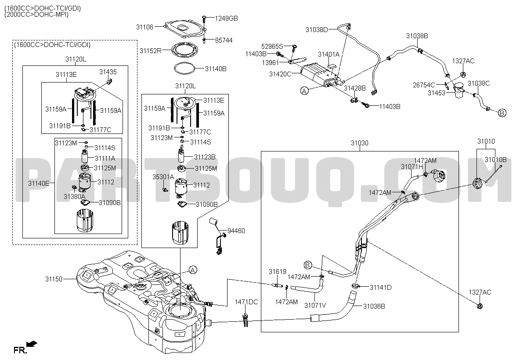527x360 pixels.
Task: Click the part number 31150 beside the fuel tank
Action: (54, 279)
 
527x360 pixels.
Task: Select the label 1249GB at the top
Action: (226, 18)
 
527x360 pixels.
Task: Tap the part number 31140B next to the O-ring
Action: (216, 68)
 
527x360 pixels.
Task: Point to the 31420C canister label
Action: (280, 74)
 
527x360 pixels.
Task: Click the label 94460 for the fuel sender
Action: (236, 231)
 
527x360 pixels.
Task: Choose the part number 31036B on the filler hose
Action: (374, 306)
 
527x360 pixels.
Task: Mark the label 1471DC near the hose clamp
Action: (246, 302)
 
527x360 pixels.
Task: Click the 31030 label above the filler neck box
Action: (360, 143)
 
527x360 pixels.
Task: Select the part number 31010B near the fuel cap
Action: (495, 160)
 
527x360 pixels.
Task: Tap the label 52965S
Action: (272, 47)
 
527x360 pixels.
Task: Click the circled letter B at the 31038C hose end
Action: (502, 113)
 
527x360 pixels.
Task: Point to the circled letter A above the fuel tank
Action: (193, 270)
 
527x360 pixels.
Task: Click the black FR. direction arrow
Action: (32, 344)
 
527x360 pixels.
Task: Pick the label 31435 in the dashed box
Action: (108, 72)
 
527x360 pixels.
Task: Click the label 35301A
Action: (163, 177)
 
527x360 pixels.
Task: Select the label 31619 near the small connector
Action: (278, 272)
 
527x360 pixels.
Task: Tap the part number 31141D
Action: (380, 288)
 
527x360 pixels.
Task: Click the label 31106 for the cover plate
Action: (144, 27)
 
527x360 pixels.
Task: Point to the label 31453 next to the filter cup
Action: (437, 93)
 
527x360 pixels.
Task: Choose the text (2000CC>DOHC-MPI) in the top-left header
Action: (36, 14)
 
